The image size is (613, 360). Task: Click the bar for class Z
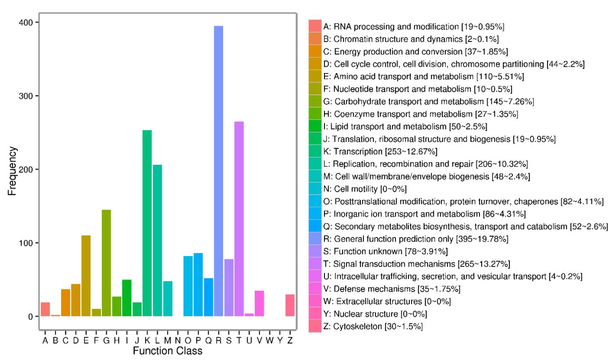290,305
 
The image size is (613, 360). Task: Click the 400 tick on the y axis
29,22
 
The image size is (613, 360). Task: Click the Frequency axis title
12,171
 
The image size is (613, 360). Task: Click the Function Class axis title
167,351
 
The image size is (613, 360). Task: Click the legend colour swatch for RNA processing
315,26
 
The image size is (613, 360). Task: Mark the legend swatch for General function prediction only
315,239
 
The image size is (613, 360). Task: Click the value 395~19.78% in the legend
482,239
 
